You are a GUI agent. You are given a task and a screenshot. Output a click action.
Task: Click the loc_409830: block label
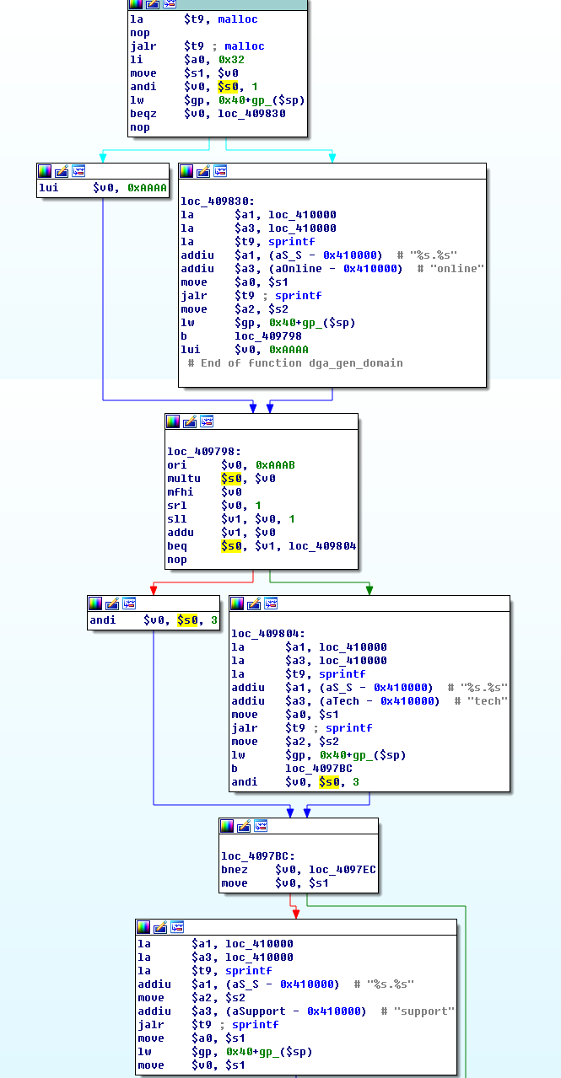click(217, 201)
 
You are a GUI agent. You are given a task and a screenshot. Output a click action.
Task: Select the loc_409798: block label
click(203, 452)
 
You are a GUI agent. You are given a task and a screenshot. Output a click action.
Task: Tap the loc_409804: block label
click(268, 633)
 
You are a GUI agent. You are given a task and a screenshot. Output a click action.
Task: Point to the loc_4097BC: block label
click(257, 856)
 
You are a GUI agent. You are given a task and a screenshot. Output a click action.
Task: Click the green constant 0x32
click(231, 60)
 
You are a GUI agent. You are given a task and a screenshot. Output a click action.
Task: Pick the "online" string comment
click(456, 269)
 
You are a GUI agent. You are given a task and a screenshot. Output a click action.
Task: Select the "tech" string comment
click(487, 700)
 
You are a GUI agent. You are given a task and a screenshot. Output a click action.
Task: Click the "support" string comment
click(423, 1011)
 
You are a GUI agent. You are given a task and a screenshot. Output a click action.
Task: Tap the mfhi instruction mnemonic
click(180, 492)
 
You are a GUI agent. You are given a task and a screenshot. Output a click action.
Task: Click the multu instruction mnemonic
click(183, 479)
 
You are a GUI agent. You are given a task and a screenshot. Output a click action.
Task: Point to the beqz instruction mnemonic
click(143, 114)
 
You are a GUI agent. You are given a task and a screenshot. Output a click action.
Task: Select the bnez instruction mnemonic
click(234, 870)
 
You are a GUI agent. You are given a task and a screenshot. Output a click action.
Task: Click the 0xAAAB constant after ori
click(275, 465)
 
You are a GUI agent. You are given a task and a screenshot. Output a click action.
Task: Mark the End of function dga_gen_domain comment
click(295, 363)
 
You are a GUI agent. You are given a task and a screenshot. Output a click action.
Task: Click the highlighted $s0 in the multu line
click(231, 479)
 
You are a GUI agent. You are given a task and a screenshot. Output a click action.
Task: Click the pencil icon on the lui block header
click(62, 171)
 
